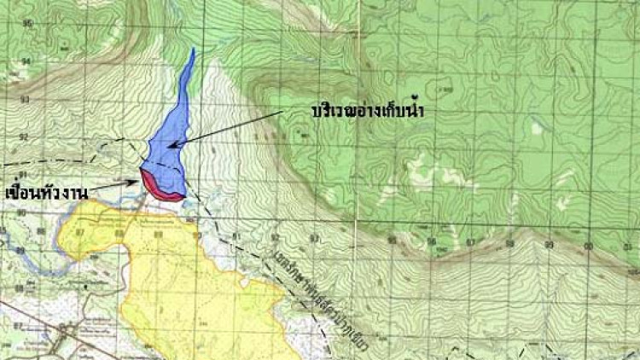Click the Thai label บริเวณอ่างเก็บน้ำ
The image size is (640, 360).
(369, 112)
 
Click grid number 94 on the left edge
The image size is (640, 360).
(26, 62)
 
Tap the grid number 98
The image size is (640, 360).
(510, 244)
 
